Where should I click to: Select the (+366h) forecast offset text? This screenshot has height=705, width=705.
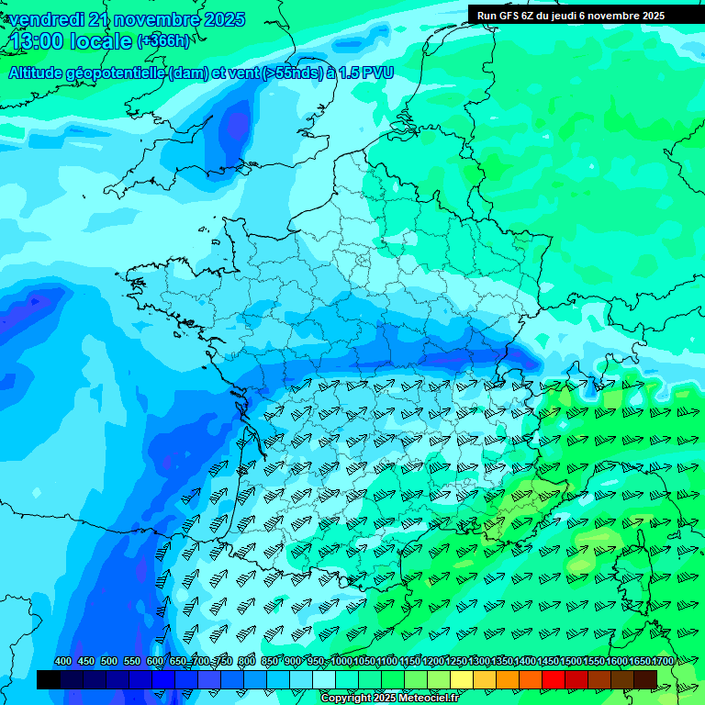coord(162,40)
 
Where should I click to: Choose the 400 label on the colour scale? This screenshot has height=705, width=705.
coord(63,661)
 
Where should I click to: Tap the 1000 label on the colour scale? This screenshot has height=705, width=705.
coord(341,661)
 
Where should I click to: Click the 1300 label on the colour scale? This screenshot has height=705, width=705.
coord(480,661)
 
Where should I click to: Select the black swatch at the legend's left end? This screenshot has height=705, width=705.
coord(49,679)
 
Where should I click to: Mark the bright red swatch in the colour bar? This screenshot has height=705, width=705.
coord(554,679)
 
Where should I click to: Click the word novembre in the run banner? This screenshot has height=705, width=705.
coord(616,15)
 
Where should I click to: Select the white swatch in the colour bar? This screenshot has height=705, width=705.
coord(324,679)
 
